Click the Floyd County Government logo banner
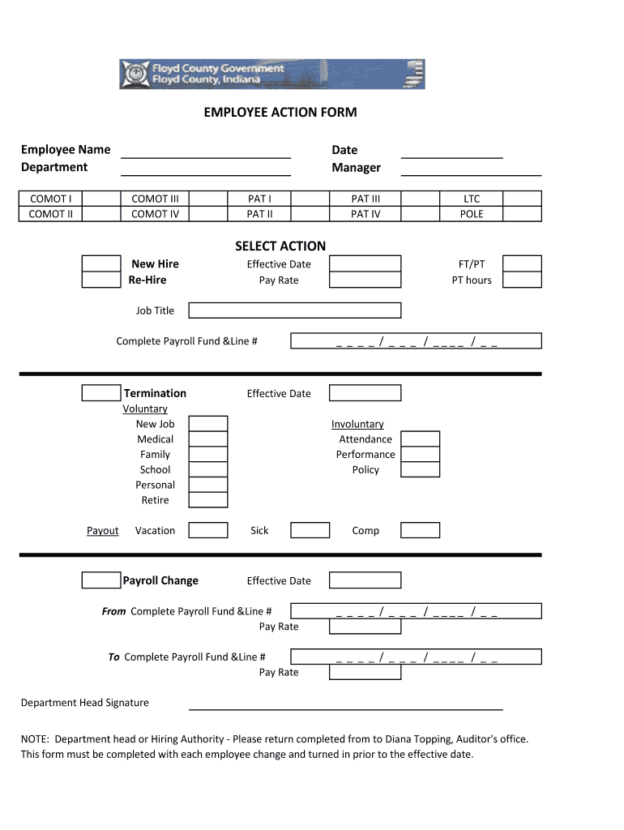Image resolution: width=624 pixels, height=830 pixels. [x=271, y=74]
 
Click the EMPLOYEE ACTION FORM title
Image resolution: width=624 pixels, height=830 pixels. [x=280, y=113]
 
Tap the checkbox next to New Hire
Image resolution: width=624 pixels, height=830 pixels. [x=101, y=263]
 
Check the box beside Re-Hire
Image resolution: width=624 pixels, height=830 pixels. [x=101, y=280]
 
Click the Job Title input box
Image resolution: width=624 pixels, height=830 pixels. [x=295, y=310]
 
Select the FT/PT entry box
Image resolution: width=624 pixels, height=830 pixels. [x=522, y=263]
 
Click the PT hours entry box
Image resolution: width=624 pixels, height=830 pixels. [x=522, y=280]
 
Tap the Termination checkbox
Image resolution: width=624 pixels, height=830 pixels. [x=101, y=393]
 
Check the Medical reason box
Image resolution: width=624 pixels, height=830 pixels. [x=208, y=439]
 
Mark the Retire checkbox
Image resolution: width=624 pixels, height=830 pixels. [x=208, y=500]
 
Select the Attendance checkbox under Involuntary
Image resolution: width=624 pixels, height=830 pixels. [x=421, y=439]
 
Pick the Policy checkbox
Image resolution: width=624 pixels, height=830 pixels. [x=421, y=469]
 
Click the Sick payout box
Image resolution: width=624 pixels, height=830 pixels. [x=310, y=530]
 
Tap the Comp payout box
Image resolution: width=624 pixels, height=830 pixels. [x=421, y=530]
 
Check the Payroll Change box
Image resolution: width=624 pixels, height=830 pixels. [x=101, y=580]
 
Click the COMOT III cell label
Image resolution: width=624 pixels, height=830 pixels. [x=155, y=199]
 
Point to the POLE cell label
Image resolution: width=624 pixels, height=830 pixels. [x=472, y=214]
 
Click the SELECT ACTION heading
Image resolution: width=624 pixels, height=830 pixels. [x=280, y=246]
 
